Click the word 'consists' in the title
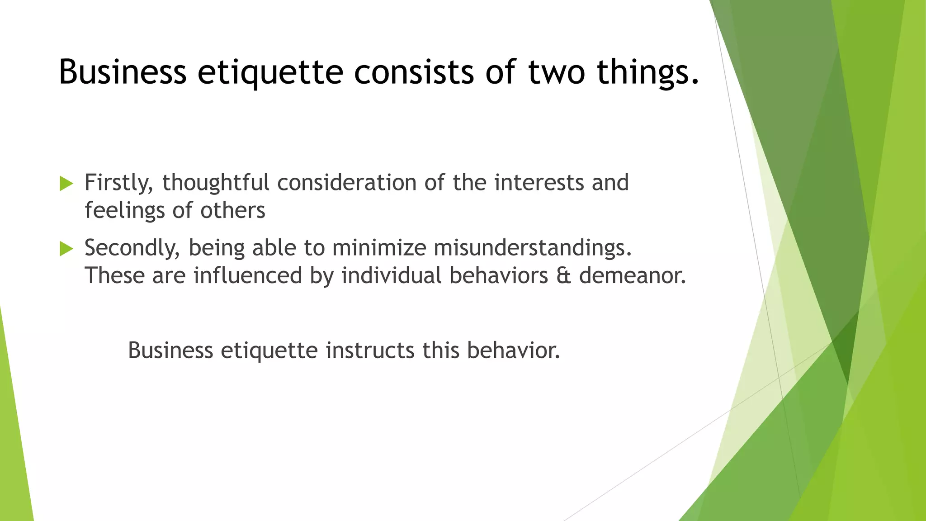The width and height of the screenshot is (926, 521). [413, 72]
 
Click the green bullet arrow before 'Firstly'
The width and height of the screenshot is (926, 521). [66, 184]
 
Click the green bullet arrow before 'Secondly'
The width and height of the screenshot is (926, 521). [66, 249]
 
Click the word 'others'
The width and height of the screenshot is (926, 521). [233, 211]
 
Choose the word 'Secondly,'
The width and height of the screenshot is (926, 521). [132, 248]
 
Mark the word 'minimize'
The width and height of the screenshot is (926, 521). [379, 248]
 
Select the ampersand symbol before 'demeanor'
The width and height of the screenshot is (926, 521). [563, 275]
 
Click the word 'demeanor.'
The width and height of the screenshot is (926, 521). [632, 275]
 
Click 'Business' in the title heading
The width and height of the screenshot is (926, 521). [123, 72]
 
